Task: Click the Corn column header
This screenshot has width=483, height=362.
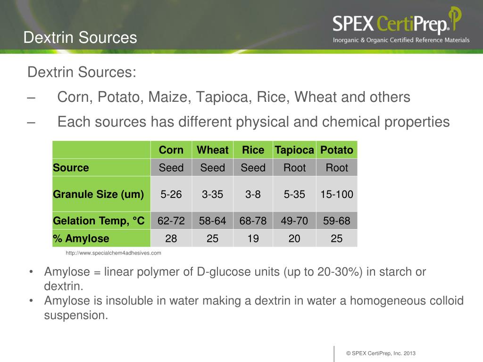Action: pyautogui.click(x=171, y=150)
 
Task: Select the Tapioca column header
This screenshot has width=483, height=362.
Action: pyautogui.click(x=294, y=150)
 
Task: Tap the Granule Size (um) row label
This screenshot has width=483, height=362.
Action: pyautogui.click(x=99, y=194)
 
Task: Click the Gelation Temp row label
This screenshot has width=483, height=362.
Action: pyautogui.click(x=99, y=221)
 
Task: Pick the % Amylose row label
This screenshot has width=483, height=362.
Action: pyautogui.click(x=81, y=239)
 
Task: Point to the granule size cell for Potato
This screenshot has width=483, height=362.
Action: pyautogui.click(x=337, y=194)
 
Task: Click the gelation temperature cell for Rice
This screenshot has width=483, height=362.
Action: pyautogui.click(x=253, y=221)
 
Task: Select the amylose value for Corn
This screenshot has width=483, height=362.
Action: pyautogui.click(x=171, y=239)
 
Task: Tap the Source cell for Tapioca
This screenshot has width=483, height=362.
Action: pyautogui.click(x=294, y=168)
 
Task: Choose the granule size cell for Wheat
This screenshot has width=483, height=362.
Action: pyautogui.click(x=213, y=194)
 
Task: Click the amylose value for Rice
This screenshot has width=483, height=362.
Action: pyautogui.click(x=253, y=239)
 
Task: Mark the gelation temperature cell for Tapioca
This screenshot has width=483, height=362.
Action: pyautogui.click(x=294, y=221)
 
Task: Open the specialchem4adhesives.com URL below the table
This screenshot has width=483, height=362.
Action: pyautogui.click(x=113, y=253)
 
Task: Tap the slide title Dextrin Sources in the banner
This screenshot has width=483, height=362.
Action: pyautogui.click(x=80, y=37)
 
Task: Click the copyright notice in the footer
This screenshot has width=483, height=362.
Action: pyautogui.click(x=381, y=354)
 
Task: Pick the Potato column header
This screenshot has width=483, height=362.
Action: pyautogui.click(x=337, y=150)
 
